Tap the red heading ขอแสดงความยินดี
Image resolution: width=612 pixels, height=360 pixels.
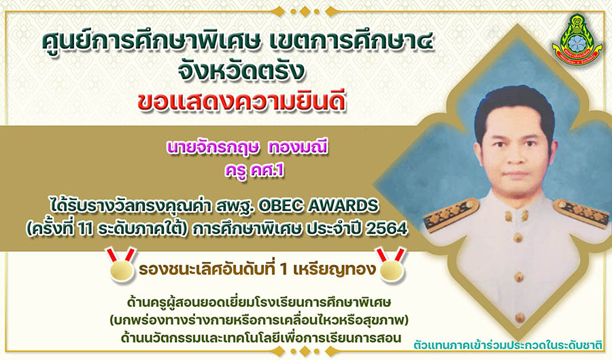[241, 102]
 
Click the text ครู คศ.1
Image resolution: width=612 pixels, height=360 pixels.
[254, 171]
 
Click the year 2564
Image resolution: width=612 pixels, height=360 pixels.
[386, 229]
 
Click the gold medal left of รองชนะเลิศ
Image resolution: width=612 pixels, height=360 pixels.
[122, 265]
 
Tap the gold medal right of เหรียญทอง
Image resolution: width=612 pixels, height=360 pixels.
[391, 265]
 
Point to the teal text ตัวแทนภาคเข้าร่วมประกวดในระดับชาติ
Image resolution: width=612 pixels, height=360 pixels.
[508, 345]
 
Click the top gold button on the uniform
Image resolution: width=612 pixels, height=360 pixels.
[518, 237]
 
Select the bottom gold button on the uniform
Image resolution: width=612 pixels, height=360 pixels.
[519, 317]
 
